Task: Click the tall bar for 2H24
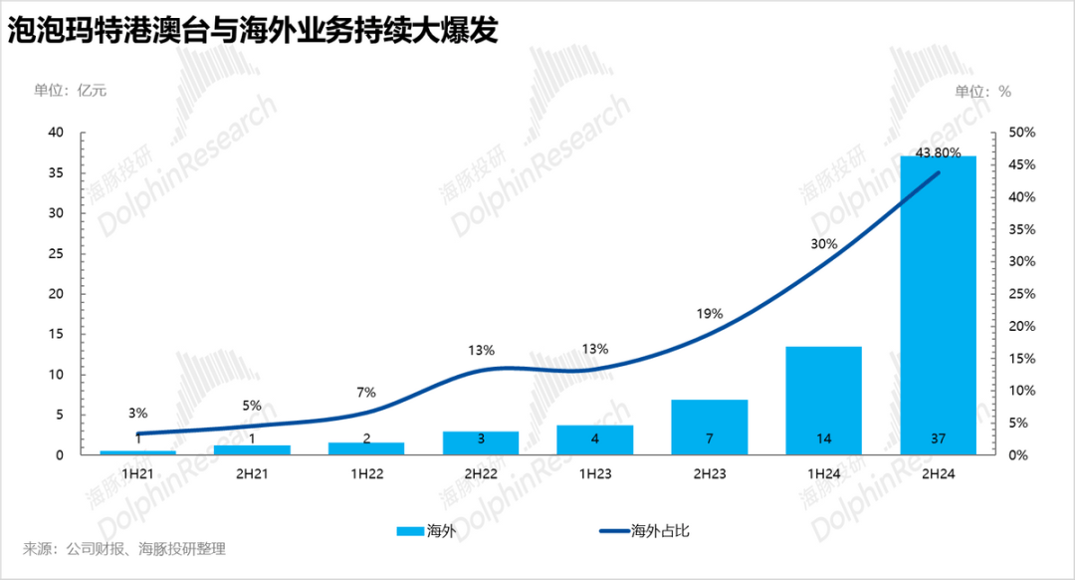(938, 299)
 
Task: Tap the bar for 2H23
(709, 424)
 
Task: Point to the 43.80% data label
(938, 152)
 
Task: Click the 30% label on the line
(823, 244)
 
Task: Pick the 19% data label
(709, 314)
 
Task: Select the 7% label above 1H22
(365, 393)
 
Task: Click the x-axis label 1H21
(137, 474)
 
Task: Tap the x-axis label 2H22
(480, 474)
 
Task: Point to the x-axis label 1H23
(594, 474)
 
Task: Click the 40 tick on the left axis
(56, 133)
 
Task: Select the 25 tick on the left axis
(56, 253)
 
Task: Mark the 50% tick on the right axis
(1022, 133)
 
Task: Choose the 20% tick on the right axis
(1022, 326)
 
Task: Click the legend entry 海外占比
(660, 530)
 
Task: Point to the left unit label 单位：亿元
(70, 91)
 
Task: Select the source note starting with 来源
(124, 549)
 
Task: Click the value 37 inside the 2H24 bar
(938, 438)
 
